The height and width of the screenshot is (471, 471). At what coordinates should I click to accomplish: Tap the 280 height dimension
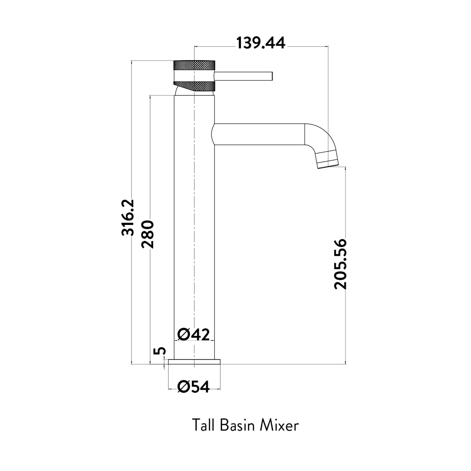(148, 234)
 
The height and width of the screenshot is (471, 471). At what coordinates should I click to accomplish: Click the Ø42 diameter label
(194, 334)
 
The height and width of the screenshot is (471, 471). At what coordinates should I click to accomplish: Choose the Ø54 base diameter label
(194, 387)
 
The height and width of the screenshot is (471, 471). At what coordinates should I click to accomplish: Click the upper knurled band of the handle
(195, 65)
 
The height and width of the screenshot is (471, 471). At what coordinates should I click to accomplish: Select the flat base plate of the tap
(194, 362)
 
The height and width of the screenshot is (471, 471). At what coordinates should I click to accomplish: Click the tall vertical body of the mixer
(194, 228)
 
